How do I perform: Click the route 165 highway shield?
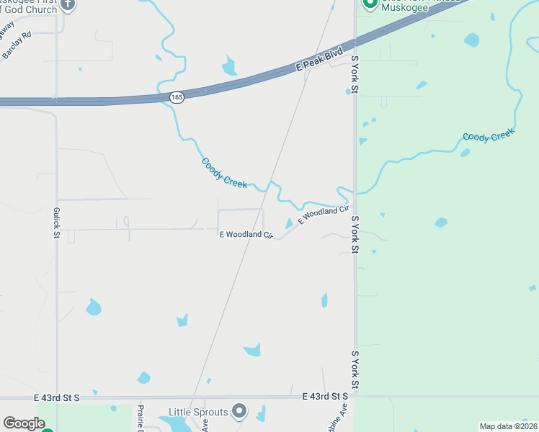click(177, 96)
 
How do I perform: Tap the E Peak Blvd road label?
click(319, 61)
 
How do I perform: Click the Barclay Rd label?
click(17, 44)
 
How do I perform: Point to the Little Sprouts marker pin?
click(240, 412)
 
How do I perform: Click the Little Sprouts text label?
click(198, 413)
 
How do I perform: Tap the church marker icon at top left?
click(68, 4)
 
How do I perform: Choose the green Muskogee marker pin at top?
click(370, 4)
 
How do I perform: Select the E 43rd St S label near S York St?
click(326, 397)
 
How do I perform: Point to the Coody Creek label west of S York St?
click(225, 174)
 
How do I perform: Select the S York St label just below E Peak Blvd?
click(355, 73)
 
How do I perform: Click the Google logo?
click(24, 423)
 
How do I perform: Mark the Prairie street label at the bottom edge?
click(141, 418)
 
